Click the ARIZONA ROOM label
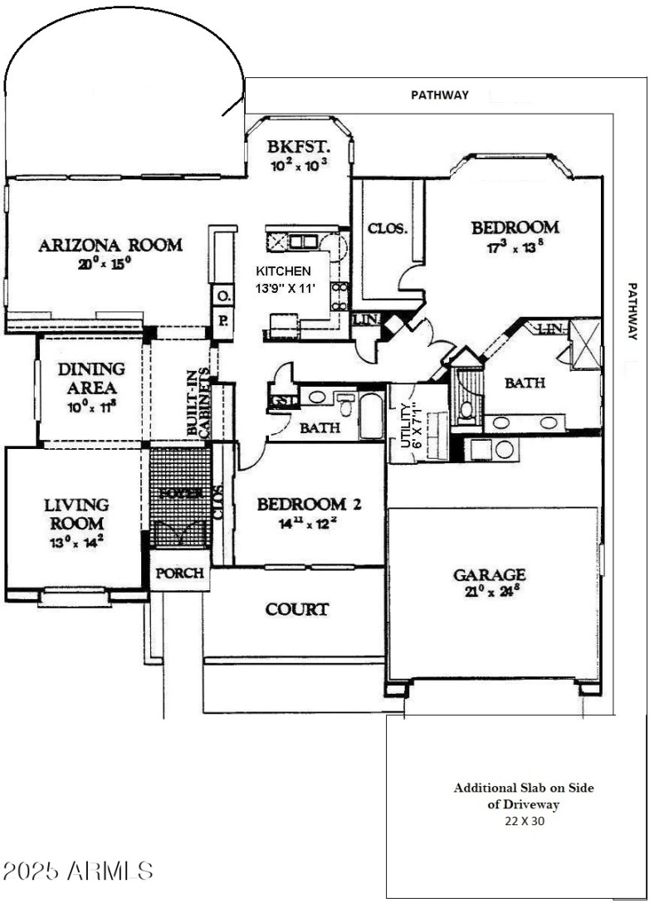click(x=110, y=245)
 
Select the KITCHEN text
click(x=283, y=271)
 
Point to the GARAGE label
click(x=489, y=574)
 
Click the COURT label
click(x=296, y=609)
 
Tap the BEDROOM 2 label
click(x=309, y=504)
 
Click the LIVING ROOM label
click(x=76, y=515)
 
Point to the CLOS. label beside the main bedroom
click(x=388, y=228)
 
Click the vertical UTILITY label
click(x=407, y=425)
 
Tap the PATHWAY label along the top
click(x=440, y=95)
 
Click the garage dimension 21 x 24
click(x=489, y=592)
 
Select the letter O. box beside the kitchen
click(x=223, y=295)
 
